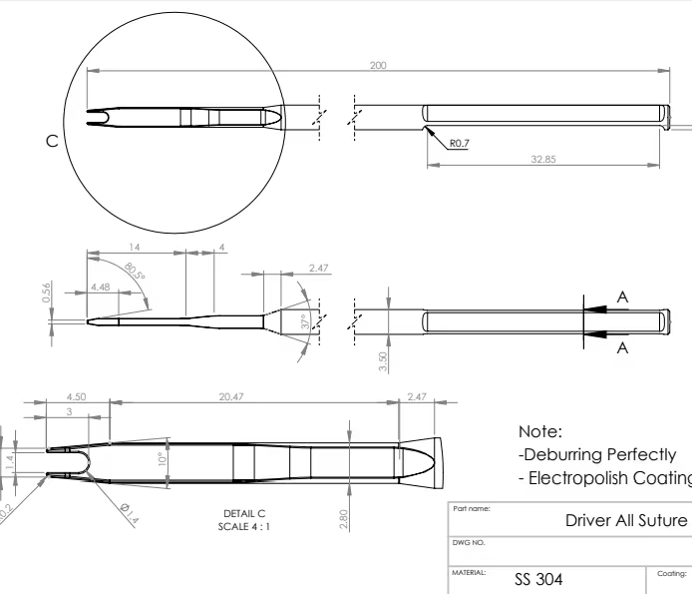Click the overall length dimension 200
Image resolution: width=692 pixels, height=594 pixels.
tap(378, 65)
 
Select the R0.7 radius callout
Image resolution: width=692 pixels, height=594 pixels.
tap(460, 143)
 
